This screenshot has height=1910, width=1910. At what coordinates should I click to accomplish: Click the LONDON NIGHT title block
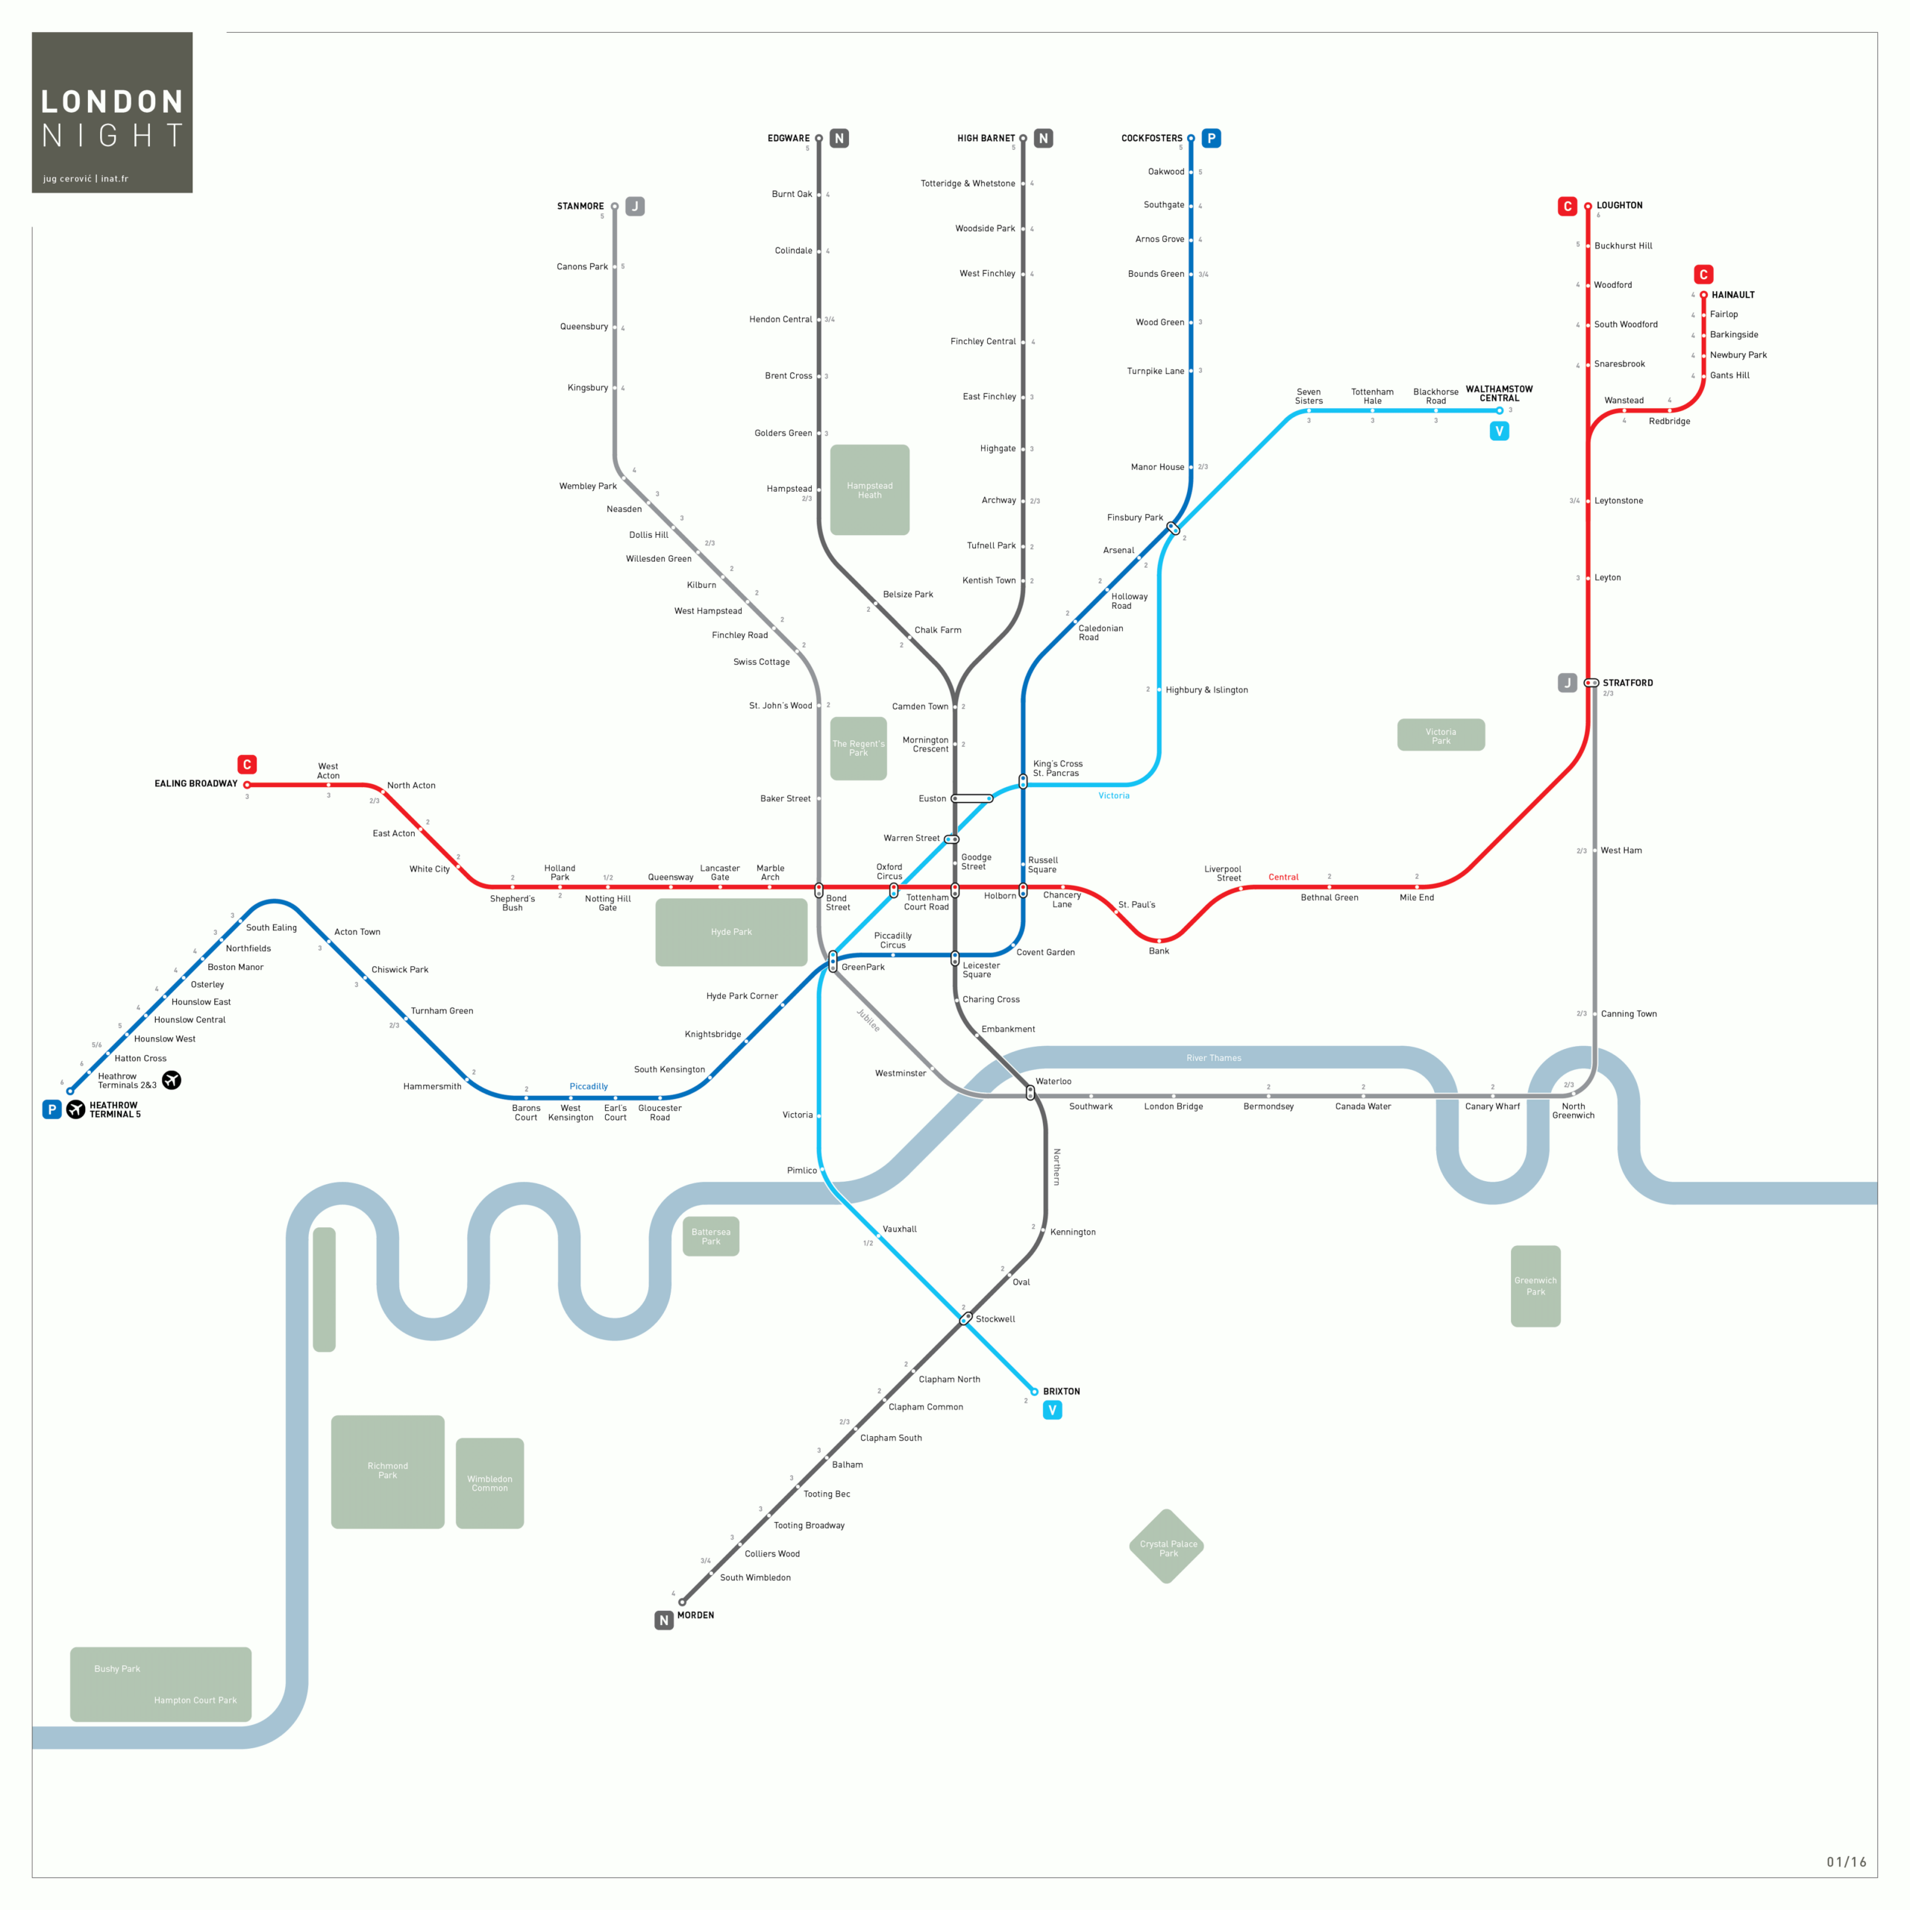112,112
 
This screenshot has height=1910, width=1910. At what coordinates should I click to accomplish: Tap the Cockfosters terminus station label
1150,139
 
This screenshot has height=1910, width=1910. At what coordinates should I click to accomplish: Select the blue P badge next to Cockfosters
1211,139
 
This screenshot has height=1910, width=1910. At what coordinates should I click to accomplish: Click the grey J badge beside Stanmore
635,207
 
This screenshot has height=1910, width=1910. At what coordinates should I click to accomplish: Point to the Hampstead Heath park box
869,490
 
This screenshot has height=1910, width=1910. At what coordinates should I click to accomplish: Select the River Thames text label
1213,1058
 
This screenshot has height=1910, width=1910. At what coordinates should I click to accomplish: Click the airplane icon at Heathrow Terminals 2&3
172,1080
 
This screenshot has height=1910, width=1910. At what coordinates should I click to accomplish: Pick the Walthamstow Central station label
1499,393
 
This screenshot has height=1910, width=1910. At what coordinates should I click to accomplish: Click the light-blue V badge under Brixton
1052,1410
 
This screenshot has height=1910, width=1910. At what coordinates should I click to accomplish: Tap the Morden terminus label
695,1615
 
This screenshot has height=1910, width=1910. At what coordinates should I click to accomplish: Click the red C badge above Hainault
1703,275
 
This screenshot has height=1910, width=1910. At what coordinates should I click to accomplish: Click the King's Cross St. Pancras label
1056,768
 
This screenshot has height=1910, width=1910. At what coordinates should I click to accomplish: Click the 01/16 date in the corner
1846,1862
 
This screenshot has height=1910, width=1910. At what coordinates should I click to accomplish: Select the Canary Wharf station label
1492,1106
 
